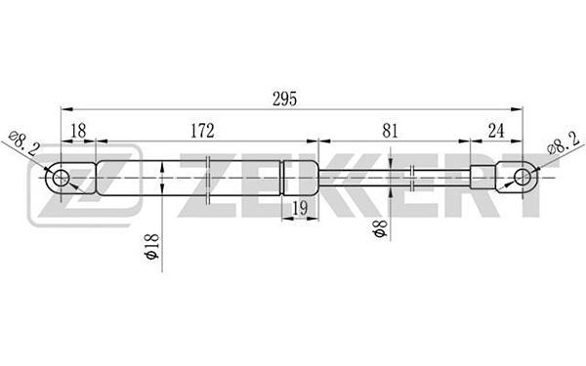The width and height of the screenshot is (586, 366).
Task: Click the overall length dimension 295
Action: tap(285, 99)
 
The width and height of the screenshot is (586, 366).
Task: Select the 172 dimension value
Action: tap(202, 131)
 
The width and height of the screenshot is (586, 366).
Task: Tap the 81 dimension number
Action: tap(391, 131)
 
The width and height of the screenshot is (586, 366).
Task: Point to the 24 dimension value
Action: tap(496, 131)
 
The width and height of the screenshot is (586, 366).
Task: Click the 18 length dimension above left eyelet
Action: tap(78, 131)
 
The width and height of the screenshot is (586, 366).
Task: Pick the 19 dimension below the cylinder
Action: tap(300, 208)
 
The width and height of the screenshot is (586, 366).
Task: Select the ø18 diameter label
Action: tap(153, 247)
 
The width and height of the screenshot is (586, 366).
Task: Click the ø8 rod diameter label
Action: tap(381, 228)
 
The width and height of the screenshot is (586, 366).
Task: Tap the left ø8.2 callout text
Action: tap(24, 142)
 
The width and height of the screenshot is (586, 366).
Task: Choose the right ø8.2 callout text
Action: tap(564, 142)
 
